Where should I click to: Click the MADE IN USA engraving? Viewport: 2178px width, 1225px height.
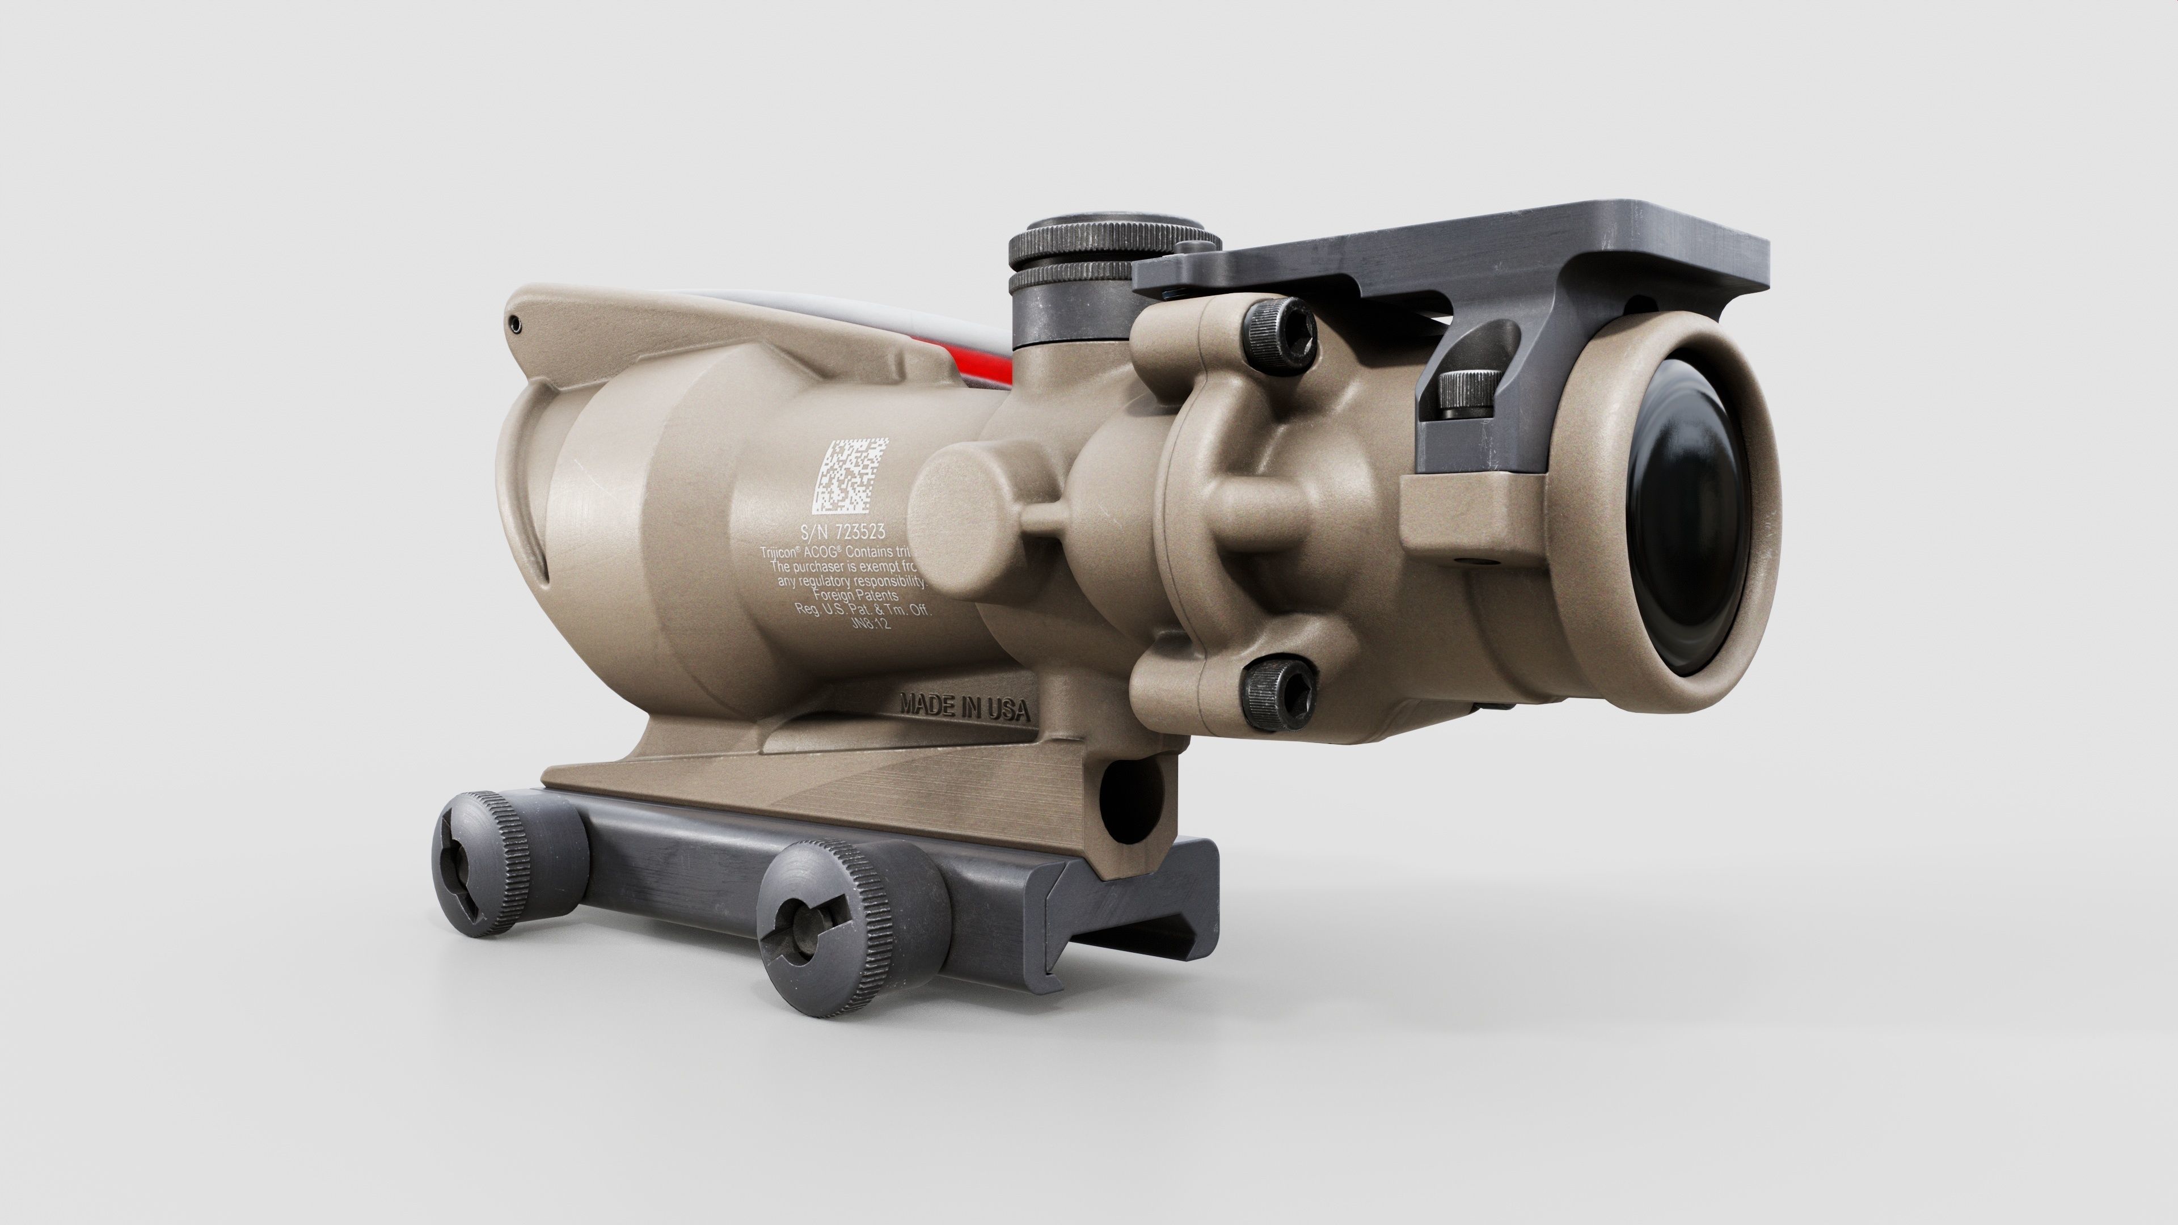(965, 707)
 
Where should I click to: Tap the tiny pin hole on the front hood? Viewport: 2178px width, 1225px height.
(515, 322)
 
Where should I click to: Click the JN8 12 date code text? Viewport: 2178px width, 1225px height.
(871, 623)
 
